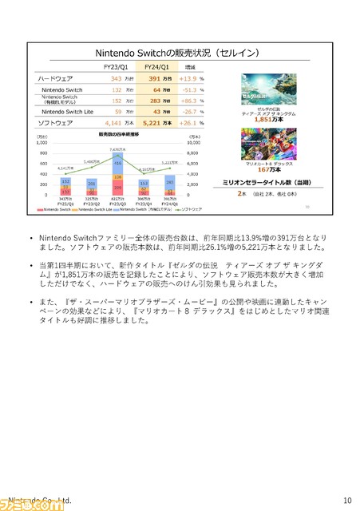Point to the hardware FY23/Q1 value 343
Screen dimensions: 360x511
(x=117, y=79)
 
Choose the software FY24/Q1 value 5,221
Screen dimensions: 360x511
(x=152, y=124)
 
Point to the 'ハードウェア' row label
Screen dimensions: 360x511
(x=56, y=79)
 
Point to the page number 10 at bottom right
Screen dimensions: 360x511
(x=346, y=500)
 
